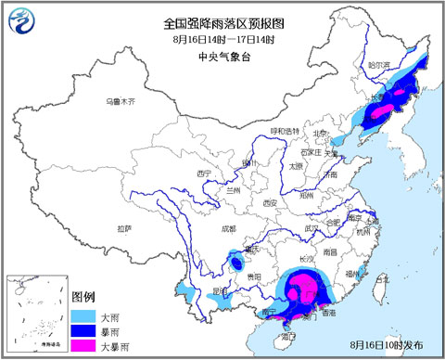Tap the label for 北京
click(321, 132)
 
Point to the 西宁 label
click(206, 174)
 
